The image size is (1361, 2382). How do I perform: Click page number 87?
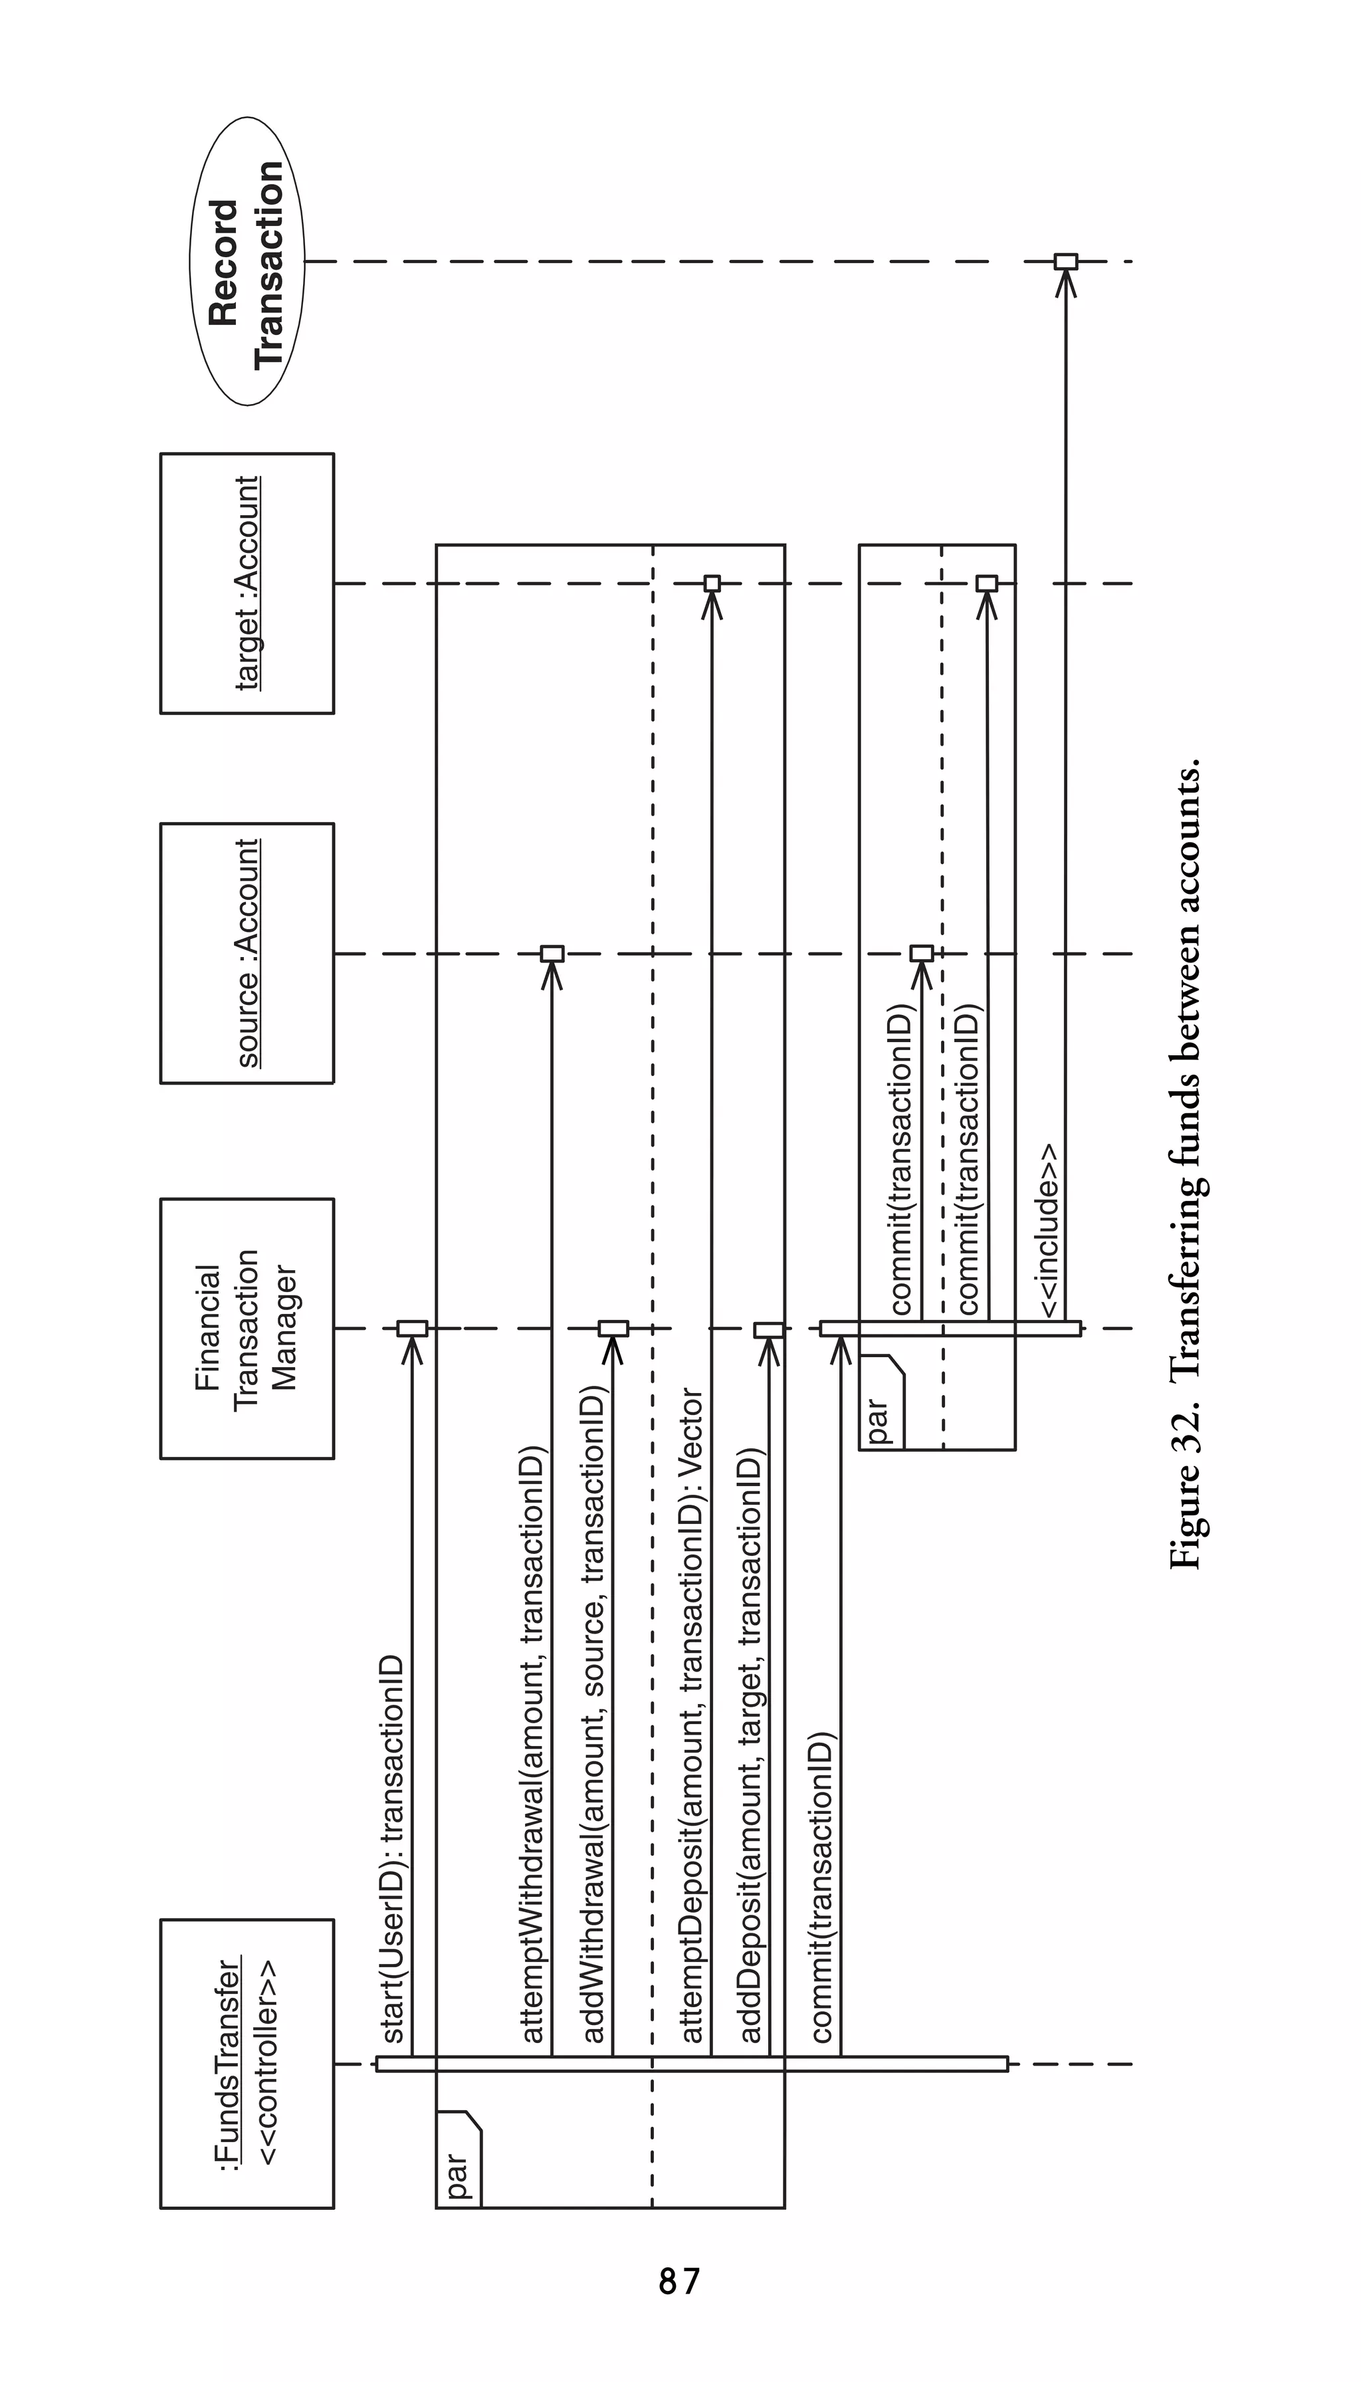click(680, 2282)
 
